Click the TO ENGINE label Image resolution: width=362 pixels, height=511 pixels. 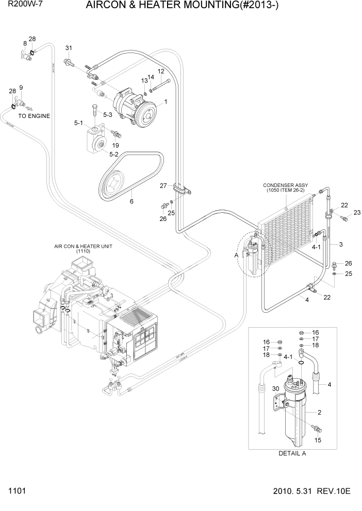click(34, 116)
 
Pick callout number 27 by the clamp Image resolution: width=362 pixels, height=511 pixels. click(163, 185)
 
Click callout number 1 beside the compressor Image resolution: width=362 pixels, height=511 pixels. click(166, 103)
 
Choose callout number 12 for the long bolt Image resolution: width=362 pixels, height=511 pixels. click(161, 71)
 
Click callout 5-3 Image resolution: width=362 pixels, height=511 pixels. click(108, 114)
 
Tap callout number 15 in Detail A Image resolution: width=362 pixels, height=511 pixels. click(318, 440)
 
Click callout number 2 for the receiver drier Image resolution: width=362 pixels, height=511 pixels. click(319, 412)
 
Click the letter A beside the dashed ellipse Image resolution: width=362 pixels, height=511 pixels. click(236, 254)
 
